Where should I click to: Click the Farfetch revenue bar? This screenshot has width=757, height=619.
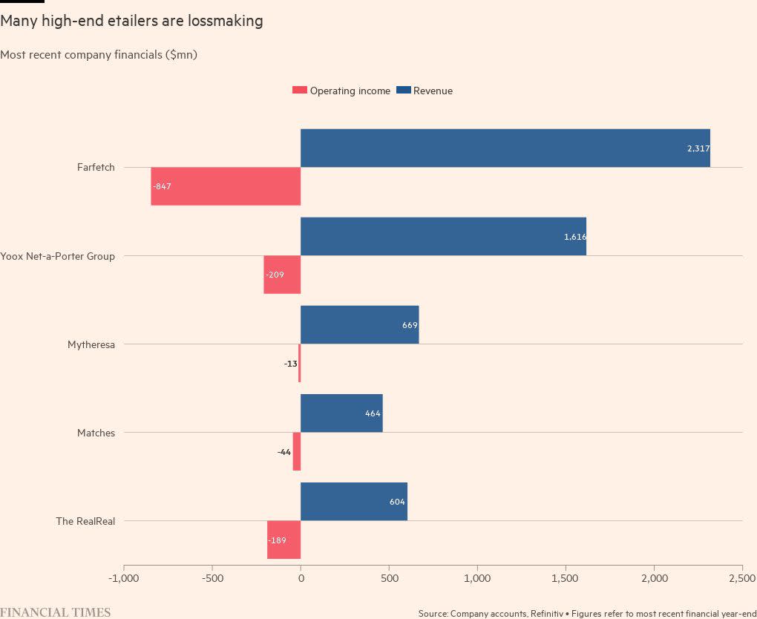click(x=505, y=148)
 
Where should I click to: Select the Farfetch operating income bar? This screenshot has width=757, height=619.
click(x=226, y=186)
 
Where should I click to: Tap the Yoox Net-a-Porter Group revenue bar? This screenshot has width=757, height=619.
click(x=443, y=236)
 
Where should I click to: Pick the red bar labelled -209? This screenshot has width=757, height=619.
click(x=282, y=275)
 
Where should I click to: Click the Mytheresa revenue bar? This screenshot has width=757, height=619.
click(x=359, y=324)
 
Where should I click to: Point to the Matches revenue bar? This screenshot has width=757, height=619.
click(x=341, y=413)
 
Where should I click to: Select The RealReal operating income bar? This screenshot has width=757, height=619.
click(x=284, y=540)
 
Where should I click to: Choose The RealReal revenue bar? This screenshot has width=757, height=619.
click(x=353, y=501)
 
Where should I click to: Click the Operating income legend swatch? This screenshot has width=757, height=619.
click(x=300, y=91)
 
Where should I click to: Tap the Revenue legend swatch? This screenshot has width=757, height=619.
click(x=404, y=91)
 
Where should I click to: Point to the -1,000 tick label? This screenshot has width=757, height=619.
click(x=123, y=578)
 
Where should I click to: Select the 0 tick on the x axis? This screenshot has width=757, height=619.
click(x=301, y=578)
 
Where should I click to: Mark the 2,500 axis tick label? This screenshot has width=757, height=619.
click(x=741, y=578)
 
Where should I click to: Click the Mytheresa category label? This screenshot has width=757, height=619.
click(x=91, y=344)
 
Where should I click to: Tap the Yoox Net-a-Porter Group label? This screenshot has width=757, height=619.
click(x=58, y=256)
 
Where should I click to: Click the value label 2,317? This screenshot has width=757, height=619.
click(x=698, y=148)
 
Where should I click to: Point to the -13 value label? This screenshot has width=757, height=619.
click(x=290, y=364)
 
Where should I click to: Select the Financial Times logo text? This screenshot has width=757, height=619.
click(x=56, y=612)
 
